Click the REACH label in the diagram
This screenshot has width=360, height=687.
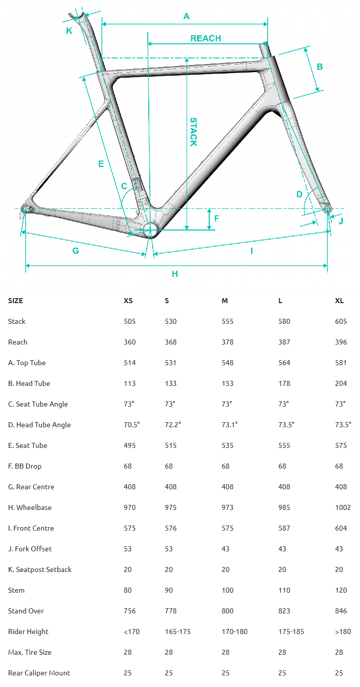click(x=206, y=38)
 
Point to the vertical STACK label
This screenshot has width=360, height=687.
click(x=193, y=132)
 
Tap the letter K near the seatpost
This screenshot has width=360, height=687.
click(x=69, y=31)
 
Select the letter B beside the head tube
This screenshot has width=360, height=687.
click(x=320, y=67)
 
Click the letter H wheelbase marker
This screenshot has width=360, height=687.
click(x=175, y=274)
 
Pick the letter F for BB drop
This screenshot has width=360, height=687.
click(x=217, y=218)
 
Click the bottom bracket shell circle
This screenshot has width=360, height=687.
click(x=150, y=230)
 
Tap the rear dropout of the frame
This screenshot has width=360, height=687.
click(x=27, y=209)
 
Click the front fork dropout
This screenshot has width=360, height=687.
click(x=327, y=208)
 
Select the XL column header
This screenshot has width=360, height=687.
click(x=339, y=301)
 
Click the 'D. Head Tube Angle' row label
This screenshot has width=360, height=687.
click(x=39, y=425)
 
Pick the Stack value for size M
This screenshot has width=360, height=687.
click(x=227, y=321)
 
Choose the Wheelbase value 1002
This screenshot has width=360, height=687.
click(x=343, y=507)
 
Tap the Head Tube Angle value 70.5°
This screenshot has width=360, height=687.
click(x=132, y=425)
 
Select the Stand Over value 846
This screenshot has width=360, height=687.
click(x=341, y=611)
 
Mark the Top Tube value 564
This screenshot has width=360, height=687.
click(x=284, y=363)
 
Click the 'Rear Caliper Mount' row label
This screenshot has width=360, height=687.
click(x=39, y=673)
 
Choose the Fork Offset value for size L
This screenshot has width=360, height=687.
click(x=282, y=549)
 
